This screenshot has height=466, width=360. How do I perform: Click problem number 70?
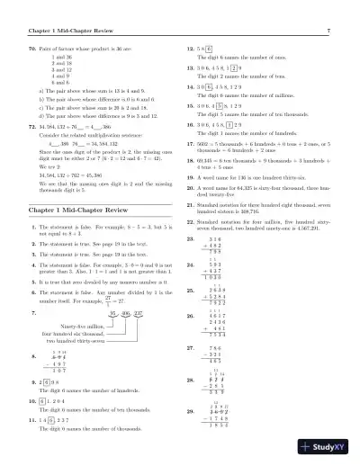click(x=33, y=44)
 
